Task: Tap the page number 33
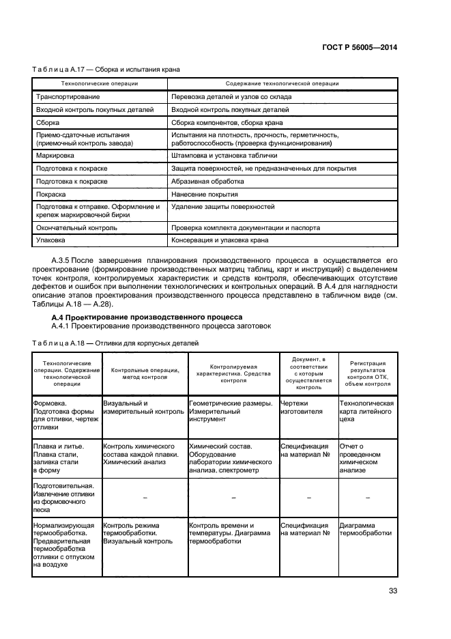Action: [392, 591]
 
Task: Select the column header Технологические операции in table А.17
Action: [100, 83]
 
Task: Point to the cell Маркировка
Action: [55, 156]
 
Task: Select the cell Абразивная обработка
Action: [207, 181]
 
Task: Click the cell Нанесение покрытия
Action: [204, 194]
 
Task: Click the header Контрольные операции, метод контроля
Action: [145, 373]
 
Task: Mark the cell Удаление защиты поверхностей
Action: [222, 206]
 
